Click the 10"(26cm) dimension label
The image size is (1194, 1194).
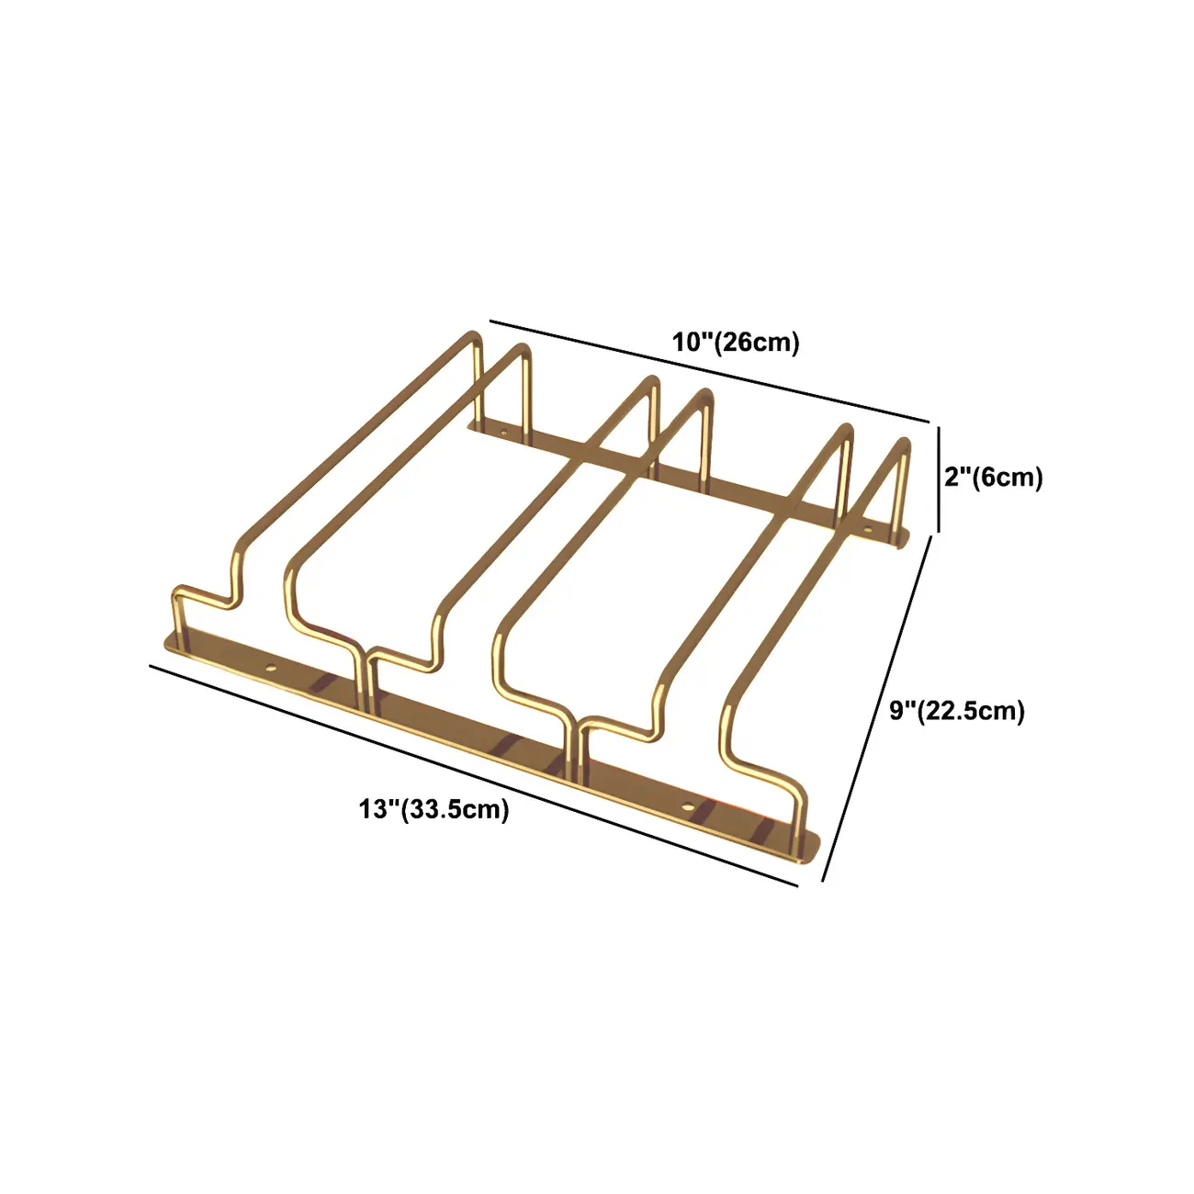click(736, 343)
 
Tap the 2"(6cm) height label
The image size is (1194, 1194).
click(994, 478)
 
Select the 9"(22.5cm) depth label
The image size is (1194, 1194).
click(956, 711)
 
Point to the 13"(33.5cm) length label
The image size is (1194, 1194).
click(434, 809)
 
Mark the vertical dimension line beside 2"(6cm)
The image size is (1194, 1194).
click(939, 478)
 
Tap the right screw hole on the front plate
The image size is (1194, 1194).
click(688, 805)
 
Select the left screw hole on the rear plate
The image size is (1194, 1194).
click(503, 429)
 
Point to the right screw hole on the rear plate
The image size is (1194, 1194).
click(867, 528)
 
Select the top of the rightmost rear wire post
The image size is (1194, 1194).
click(906, 447)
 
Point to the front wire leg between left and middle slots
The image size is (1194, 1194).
click(369, 684)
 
